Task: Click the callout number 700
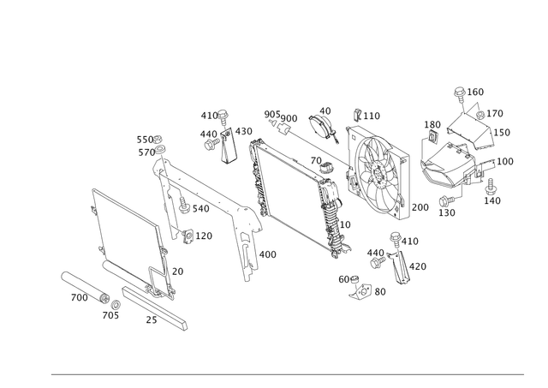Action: (x=80, y=297)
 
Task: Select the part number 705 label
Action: (x=110, y=315)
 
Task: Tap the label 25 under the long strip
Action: (x=152, y=319)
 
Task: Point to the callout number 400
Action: (x=268, y=254)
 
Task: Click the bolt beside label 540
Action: (x=184, y=205)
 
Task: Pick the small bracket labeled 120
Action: (x=188, y=236)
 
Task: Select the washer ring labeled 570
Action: (x=160, y=150)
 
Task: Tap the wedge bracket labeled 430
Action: (x=229, y=146)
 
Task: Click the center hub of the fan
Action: (x=378, y=175)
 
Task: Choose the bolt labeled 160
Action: (x=460, y=95)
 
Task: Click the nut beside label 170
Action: (x=480, y=115)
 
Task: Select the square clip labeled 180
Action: (x=433, y=136)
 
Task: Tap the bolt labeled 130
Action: (x=447, y=201)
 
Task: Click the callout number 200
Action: (x=420, y=207)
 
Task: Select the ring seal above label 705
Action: (x=116, y=304)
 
